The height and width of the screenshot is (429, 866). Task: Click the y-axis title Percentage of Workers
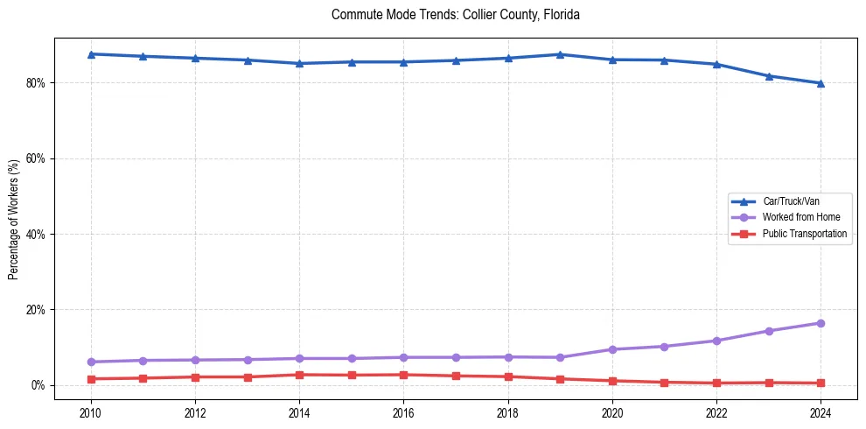click(14, 219)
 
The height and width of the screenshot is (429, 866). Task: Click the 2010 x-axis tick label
click(91, 411)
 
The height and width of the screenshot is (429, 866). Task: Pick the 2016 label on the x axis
click(403, 411)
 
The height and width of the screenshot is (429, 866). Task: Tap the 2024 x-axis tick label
click(821, 411)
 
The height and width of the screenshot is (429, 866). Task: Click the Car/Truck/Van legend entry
click(791, 201)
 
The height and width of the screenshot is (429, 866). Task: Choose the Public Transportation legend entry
click(804, 234)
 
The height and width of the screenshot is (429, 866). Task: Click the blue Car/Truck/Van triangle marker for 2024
click(821, 83)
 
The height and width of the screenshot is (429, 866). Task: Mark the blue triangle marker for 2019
click(560, 54)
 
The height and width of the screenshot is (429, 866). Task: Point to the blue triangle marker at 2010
click(91, 54)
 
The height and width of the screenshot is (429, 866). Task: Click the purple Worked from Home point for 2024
click(821, 323)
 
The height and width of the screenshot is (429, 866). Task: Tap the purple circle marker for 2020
click(612, 349)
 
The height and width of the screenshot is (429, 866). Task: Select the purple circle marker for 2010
click(91, 362)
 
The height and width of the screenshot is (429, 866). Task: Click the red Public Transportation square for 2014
click(299, 375)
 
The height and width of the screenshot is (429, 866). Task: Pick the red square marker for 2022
click(716, 383)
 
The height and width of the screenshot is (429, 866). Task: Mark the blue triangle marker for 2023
click(769, 76)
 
